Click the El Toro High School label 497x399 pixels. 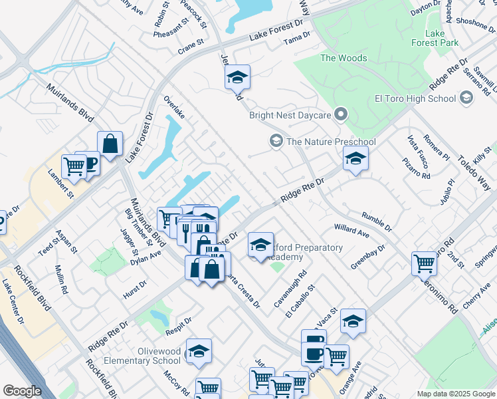415,99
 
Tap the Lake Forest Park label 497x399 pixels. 441,38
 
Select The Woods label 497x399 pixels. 344,58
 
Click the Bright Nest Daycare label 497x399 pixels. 290,115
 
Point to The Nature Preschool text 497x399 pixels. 331,142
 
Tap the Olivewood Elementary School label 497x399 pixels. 149,356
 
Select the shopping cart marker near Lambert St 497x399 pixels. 73,166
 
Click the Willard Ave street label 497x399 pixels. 351,231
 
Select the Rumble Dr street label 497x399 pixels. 377,219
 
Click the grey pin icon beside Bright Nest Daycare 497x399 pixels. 341,115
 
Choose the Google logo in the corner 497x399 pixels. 22,390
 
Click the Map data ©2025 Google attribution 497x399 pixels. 455,394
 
